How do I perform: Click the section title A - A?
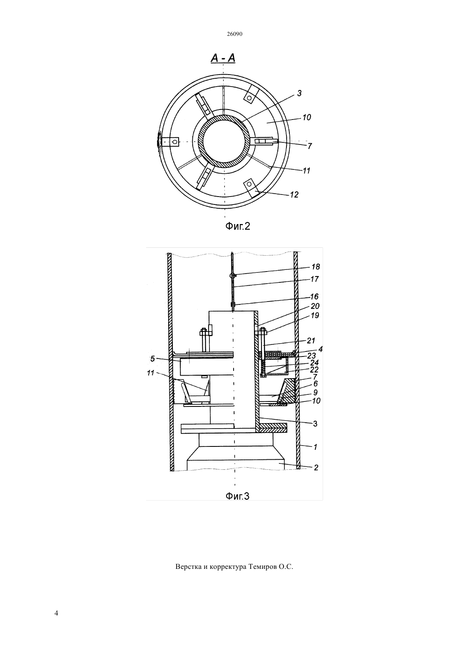tap(223, 58)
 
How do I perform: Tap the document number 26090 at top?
tap(234, 34)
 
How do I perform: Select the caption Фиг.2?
tap(238, 226)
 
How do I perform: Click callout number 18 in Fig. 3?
tap(316, 267)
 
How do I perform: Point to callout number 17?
tap(314, 279)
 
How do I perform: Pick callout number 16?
tap(314, 297)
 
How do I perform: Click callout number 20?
tap(315, 306)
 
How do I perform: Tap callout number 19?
tap(315, 315)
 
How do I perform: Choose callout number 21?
tap(311, 341)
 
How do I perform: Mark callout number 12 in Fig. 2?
tap(294, 194)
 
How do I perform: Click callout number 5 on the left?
tap(153, 359)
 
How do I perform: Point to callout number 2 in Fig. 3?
tap(316, 468)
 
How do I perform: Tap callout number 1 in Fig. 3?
tap(316, 447)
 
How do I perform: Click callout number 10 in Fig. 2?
tap(306, 117)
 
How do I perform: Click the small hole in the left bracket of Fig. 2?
tap(174, 142)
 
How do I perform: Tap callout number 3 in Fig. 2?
tap(299, 93)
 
